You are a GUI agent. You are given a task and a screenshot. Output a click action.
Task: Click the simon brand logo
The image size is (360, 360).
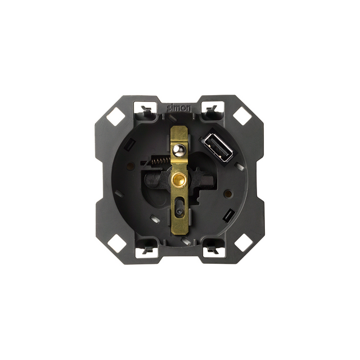179,107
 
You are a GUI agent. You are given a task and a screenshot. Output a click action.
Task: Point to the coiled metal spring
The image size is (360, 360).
160,162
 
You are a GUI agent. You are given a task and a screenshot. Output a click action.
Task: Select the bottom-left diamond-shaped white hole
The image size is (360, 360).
116,243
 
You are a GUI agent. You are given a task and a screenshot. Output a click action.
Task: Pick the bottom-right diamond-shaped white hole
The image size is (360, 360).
243,243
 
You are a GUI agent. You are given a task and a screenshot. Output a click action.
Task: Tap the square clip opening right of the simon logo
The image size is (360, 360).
211,107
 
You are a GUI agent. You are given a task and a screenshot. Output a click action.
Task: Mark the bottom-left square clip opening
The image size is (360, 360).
146,245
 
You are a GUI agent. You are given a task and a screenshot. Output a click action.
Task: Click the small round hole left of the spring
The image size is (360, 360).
131,166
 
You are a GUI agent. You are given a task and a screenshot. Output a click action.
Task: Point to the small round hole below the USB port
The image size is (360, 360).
229,166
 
